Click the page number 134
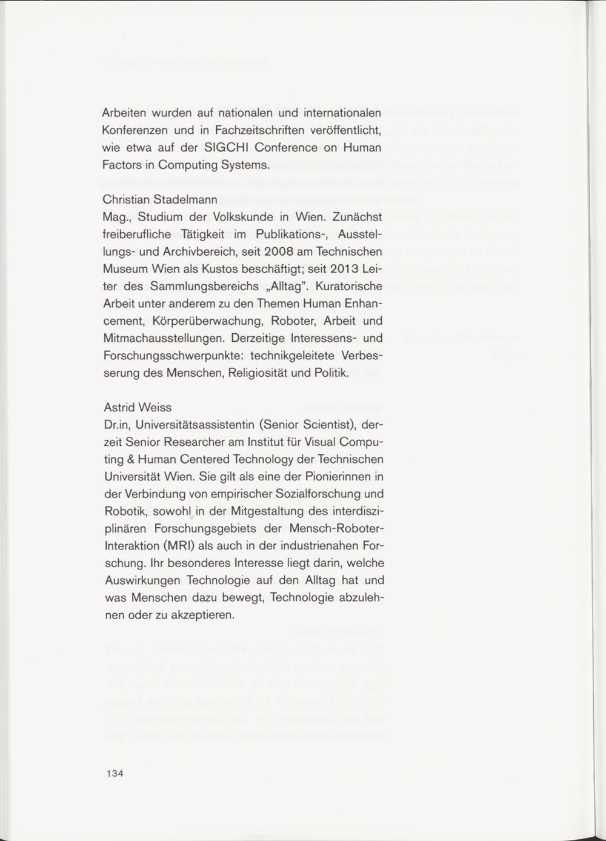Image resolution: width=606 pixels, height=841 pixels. pyautogui.click(x=115, y=774)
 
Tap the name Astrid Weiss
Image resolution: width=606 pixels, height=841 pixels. pyautogui.click(x=138, y=407)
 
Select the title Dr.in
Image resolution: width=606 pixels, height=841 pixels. pyautogui.click(x=115, y=424)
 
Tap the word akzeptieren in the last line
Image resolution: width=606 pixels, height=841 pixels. pyautogui.click(x=205, y=615)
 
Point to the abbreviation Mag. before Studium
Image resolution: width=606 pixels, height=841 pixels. pyautogui.click(x=114, y=216)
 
